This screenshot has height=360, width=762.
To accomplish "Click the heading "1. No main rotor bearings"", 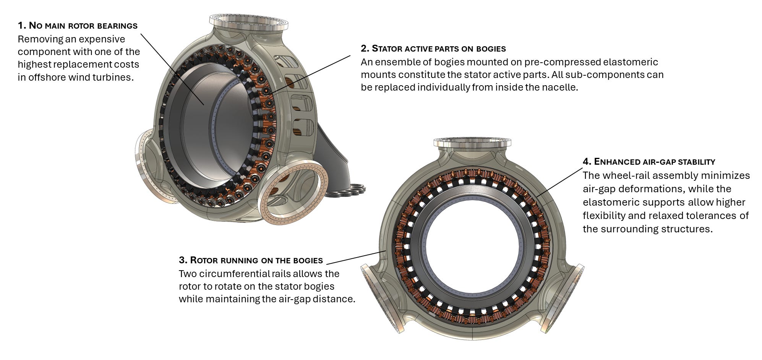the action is tap(78, 26).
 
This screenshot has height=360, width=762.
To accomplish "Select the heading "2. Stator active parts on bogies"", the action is tap(433, 49).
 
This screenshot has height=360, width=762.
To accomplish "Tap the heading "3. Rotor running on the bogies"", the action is tap(251, 260).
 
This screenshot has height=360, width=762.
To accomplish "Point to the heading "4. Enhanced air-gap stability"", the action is tap(649, 162).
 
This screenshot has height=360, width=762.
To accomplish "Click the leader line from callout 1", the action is tap(172, 69).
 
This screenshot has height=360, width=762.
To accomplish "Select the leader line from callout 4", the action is tap(559, 182).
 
